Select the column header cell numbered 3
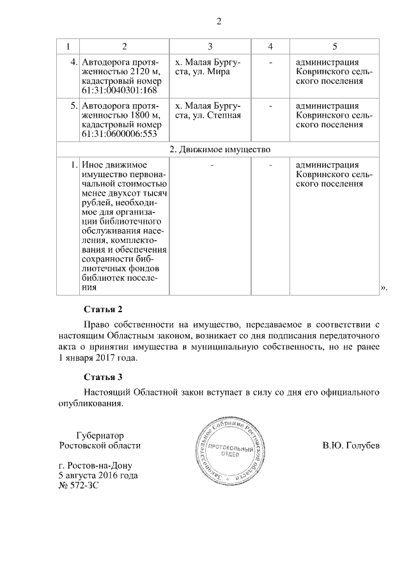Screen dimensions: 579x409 point(210,47)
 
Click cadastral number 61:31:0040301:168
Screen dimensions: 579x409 point(120,91)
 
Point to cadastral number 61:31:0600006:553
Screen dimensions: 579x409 point(120,134)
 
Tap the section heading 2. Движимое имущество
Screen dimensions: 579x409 point(219,150)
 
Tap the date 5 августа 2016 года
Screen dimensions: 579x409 point(98,476)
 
